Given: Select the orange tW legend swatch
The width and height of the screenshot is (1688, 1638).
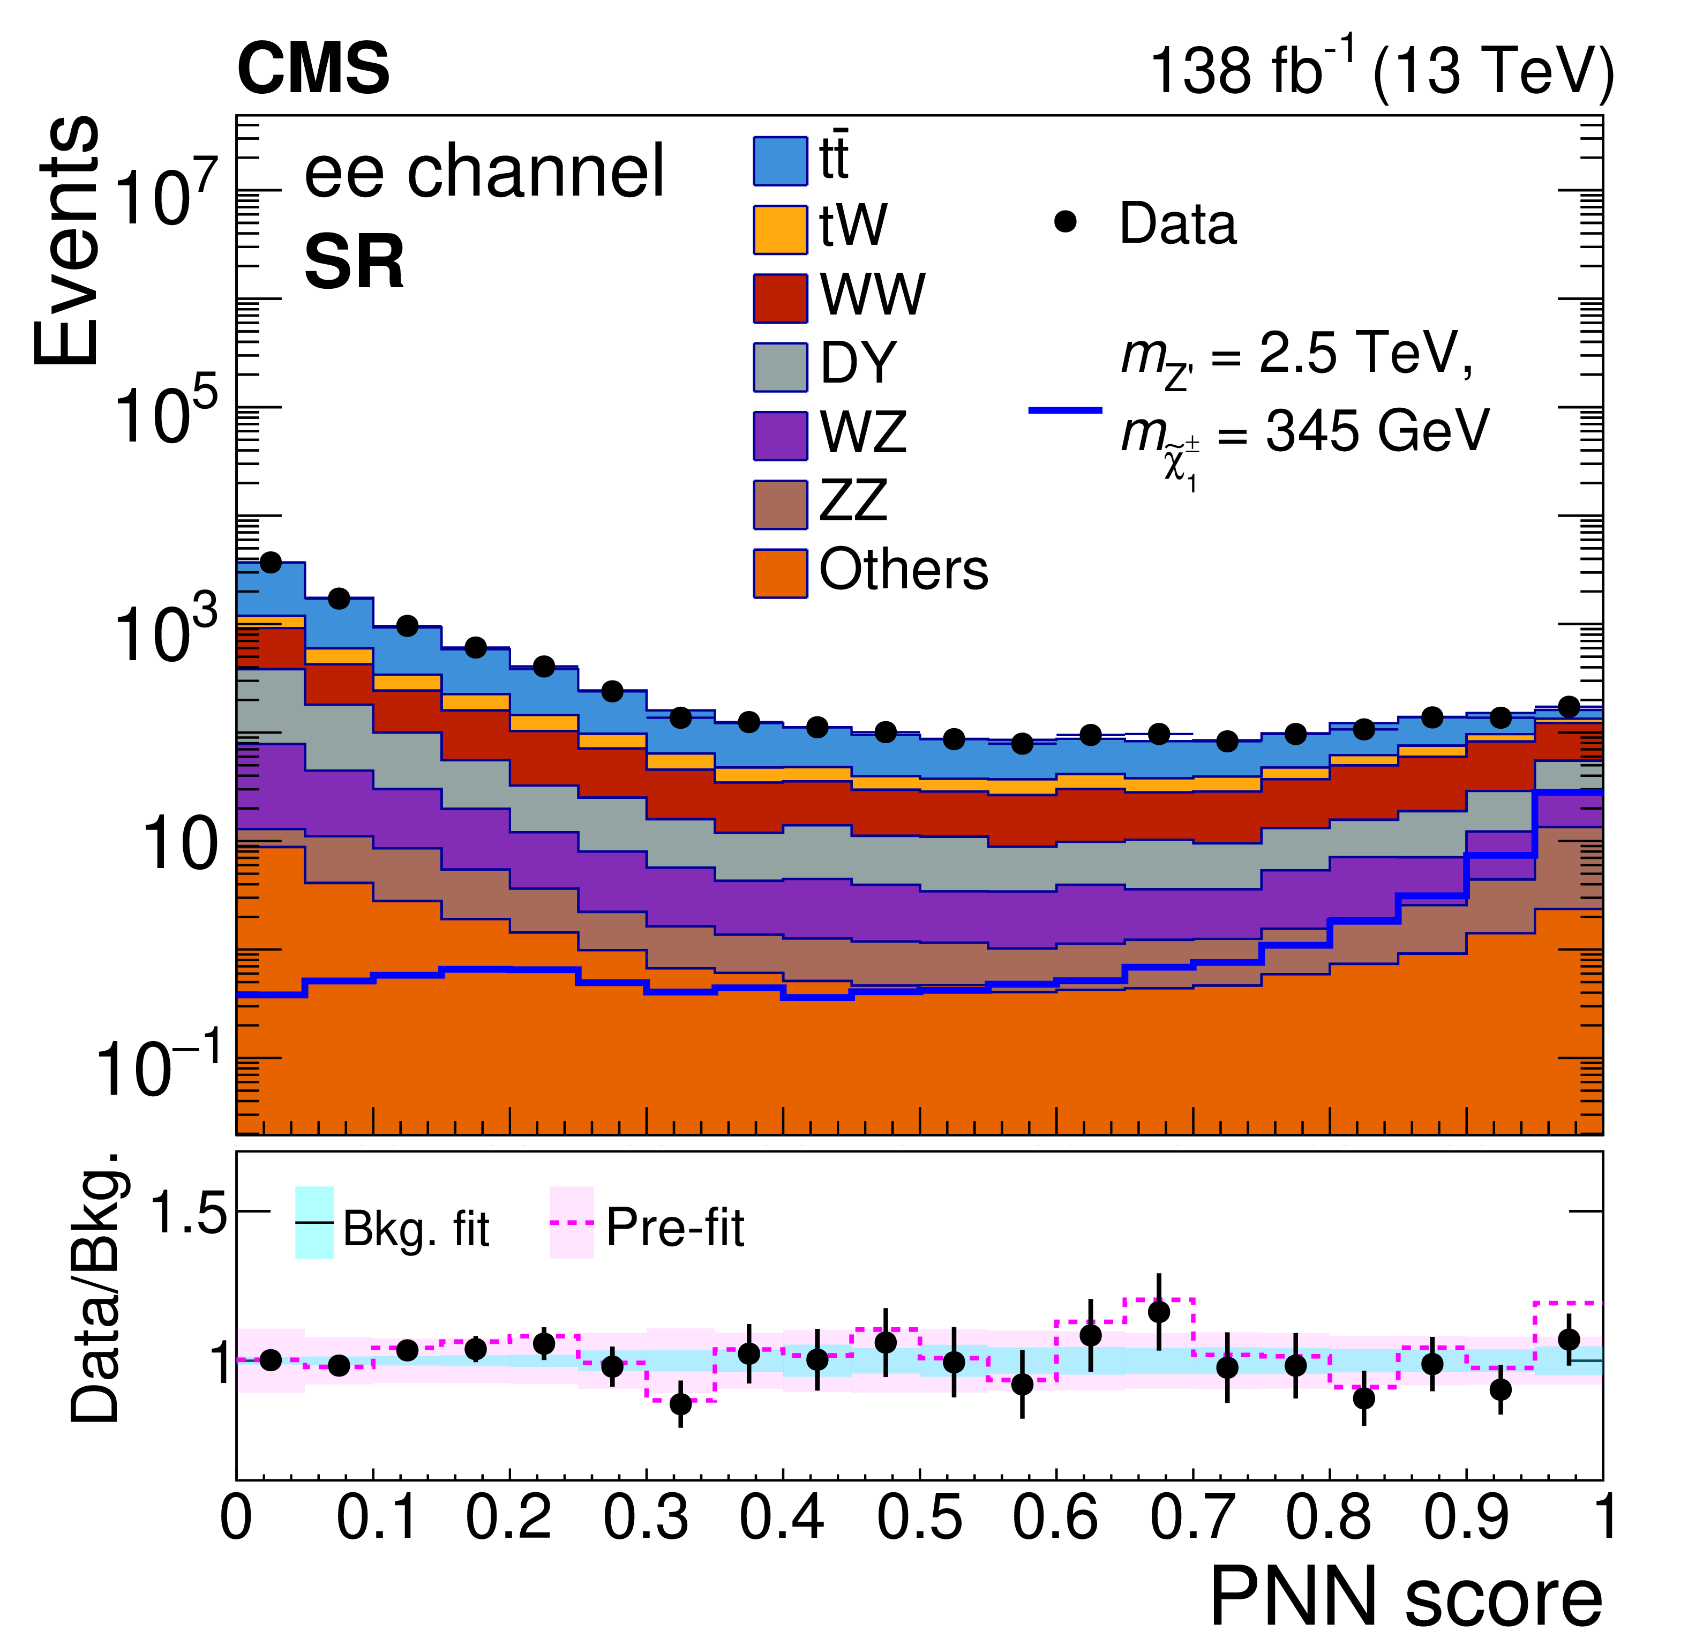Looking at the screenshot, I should pos(781,230).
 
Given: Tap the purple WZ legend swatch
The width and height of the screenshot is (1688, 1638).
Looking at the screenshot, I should pos(781,436).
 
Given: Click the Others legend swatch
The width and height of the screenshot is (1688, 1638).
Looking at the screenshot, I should pos(781,573).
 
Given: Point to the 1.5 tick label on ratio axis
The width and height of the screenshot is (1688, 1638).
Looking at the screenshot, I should pos(187,1213).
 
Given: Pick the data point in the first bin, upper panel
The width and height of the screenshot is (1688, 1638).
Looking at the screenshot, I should pos(271,563).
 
